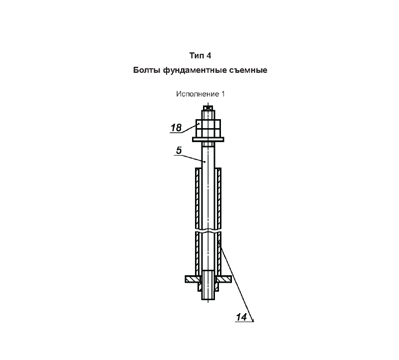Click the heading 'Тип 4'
200,55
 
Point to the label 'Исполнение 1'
200,94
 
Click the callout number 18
176,128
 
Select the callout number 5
179,151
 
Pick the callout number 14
241,317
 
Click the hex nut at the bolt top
208,128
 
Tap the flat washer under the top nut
208,140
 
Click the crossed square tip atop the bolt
208,108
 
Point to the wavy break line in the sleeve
208,230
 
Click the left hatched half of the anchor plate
193,279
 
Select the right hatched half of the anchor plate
223,279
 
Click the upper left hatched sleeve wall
198,198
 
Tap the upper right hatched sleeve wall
218,198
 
